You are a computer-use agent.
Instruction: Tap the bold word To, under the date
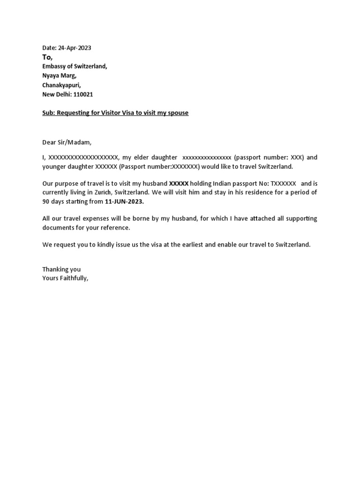[x=47, y=57]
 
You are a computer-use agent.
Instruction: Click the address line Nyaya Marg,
[x=59, y=75]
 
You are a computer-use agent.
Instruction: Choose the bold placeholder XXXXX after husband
[x=179, y=183]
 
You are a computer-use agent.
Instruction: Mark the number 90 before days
[x=46, y=201]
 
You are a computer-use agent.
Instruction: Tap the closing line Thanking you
[x=61, y=269]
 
